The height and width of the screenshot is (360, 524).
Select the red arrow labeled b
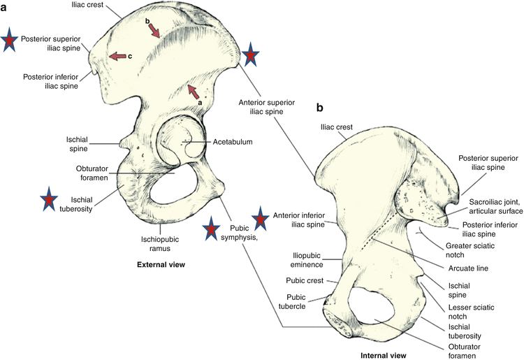157,29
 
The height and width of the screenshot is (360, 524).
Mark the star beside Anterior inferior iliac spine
260,219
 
